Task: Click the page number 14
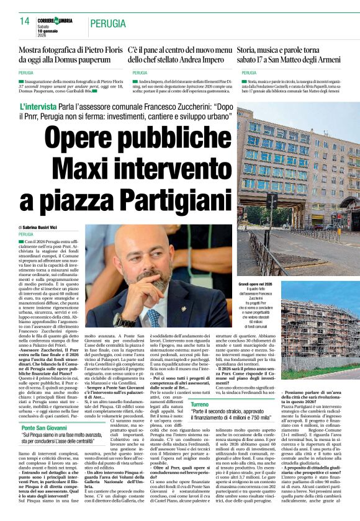click(25, 21)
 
